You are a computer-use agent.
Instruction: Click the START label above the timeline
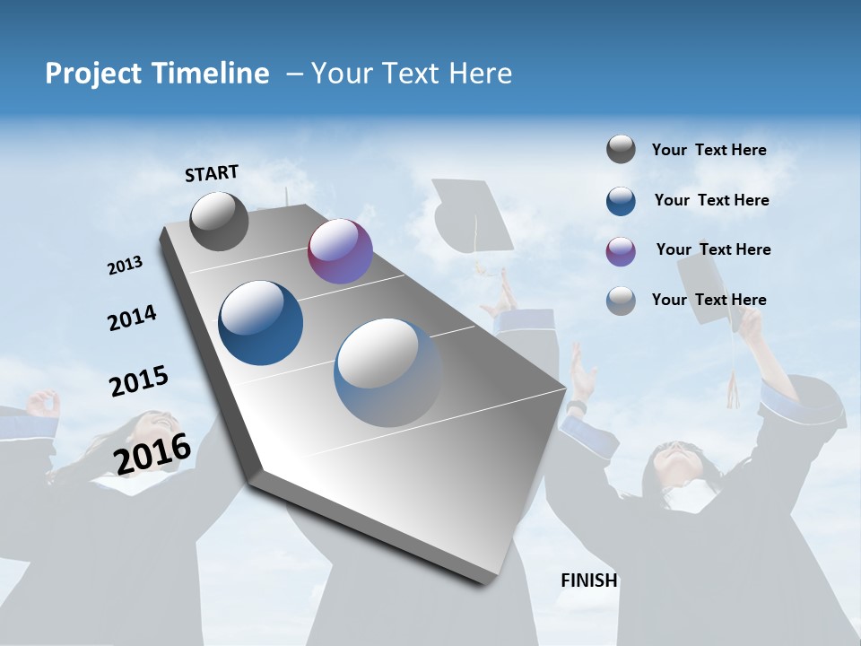[212, 173]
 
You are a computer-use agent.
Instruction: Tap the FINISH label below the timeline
[589, 581]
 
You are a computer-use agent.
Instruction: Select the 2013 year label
[125, 266]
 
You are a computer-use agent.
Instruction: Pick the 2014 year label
[132, 319]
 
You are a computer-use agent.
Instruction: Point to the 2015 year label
[139, 381]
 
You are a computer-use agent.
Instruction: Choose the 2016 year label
[152, 452]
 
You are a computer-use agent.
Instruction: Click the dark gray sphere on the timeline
[219, 222]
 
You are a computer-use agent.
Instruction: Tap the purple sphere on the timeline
[340, 251]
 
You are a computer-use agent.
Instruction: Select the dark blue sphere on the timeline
[261, 323]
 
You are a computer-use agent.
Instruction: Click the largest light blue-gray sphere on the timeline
[387, 372]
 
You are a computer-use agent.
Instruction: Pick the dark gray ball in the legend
[621, 150]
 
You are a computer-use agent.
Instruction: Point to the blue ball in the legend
[621, 201]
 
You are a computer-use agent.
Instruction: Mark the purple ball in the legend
[621, 251]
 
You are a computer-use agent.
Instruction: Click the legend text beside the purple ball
[713, 249]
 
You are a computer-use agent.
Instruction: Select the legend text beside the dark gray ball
[709, 150]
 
